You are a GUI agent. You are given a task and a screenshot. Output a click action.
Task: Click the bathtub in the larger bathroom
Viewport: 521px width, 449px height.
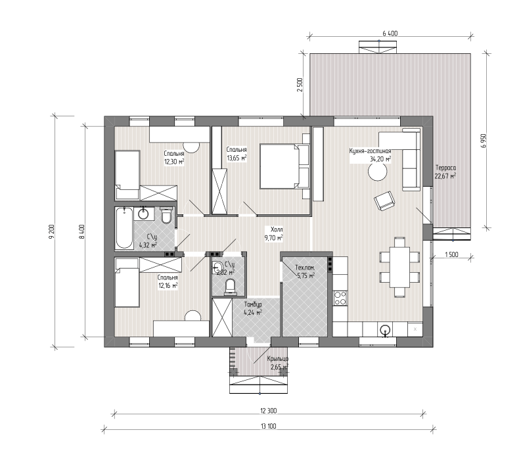pos(124,228)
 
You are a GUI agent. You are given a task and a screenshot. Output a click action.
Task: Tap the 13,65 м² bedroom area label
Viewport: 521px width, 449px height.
pos(237,158)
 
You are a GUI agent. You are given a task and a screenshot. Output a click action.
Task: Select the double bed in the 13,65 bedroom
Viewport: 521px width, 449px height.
pos(284,166)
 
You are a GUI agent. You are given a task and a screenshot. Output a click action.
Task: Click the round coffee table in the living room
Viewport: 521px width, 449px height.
pos(378,172)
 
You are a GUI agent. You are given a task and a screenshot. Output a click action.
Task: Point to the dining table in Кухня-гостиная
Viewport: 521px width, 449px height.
pos(399,267)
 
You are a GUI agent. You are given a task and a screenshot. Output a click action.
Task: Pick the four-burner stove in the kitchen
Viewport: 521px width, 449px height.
pos(340,298)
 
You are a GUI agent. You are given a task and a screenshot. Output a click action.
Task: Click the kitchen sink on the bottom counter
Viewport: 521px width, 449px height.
pos(385,330)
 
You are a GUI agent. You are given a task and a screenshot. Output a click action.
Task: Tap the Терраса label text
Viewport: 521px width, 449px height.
pos(445,168)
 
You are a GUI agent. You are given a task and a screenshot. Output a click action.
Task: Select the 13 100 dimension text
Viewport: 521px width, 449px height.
pos(269,427)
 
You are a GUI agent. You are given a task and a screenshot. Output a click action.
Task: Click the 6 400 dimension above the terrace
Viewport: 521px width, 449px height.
pos(390,34)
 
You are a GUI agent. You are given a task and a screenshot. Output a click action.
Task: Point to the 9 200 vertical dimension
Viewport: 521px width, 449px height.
pos(51,232)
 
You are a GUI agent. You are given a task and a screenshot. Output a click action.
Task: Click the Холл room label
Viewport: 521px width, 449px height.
pos(277,229)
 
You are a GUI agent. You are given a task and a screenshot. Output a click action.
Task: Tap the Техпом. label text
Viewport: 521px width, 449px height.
pos(305,268)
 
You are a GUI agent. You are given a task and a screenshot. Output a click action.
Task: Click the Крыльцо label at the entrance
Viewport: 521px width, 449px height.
pos(278,359)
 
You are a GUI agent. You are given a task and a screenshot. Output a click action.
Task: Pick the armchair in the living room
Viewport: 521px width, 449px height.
pos(384,201)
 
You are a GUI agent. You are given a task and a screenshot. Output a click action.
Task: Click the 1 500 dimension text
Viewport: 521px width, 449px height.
pos(451,255)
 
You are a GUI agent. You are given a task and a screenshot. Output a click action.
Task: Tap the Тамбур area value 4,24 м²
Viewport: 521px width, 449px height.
pos(253,312)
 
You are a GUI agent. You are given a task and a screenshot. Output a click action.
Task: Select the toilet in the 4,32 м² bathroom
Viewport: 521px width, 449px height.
pos(166,215)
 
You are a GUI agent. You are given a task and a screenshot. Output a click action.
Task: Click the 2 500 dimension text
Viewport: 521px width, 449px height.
pos(300,85)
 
